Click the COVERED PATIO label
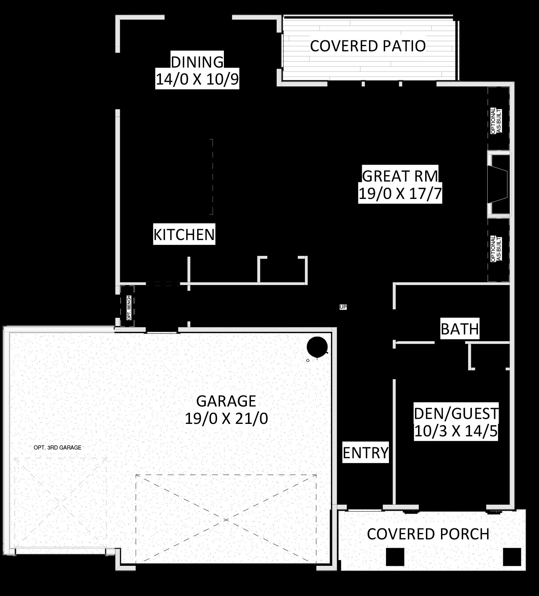pyautogui.click(x=368, y=46)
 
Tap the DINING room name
pyautogui.click(x=197, y=62)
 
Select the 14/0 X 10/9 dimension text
pyautogui.click(x=197, y=80)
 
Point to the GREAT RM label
pyautogui.click(x=400, y=176)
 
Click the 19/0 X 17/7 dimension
pyautogui.click(x=400, y=194)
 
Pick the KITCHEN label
pyautogui.click(x=184, y=234)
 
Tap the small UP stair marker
pyautogui.click(x=343, y=307)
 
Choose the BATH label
pyautogui.click(x=460, y=329)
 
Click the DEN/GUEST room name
pyautogui.click(x=456, y=414)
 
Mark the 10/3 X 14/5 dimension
pyautogui.click(x=456, y=431)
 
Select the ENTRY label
pyautogui.click(x=366, y=453)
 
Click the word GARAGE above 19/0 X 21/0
pyautogui.click(x=226, y=400)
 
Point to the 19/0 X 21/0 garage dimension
pyautogui.click(x=226, y=418)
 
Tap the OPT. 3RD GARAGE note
pyautogui.click(x=57, y=448)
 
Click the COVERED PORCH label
pyautogui.click(x=428, y=534)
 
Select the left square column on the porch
pyautogui.click(x=395, y=557)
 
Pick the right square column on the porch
pyautogui.click(x=512, y=557)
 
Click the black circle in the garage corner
pyautogui.click(x=317, y=347)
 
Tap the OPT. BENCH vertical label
pyautogui.click(x=129, y=308)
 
